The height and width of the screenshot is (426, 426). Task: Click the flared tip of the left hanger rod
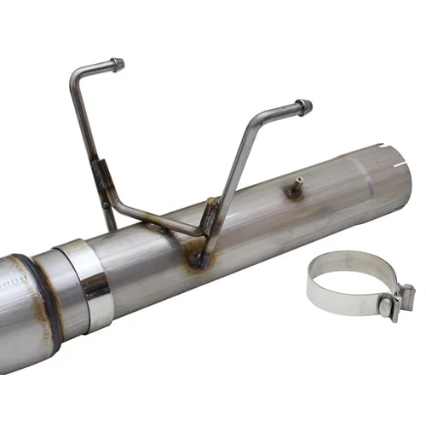(x=117, y=64)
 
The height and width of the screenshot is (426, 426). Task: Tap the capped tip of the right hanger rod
(x=303, y=107)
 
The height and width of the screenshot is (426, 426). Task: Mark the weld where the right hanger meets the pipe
(x=199, y=256)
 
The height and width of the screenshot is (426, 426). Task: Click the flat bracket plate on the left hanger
(x=102, y=183)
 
